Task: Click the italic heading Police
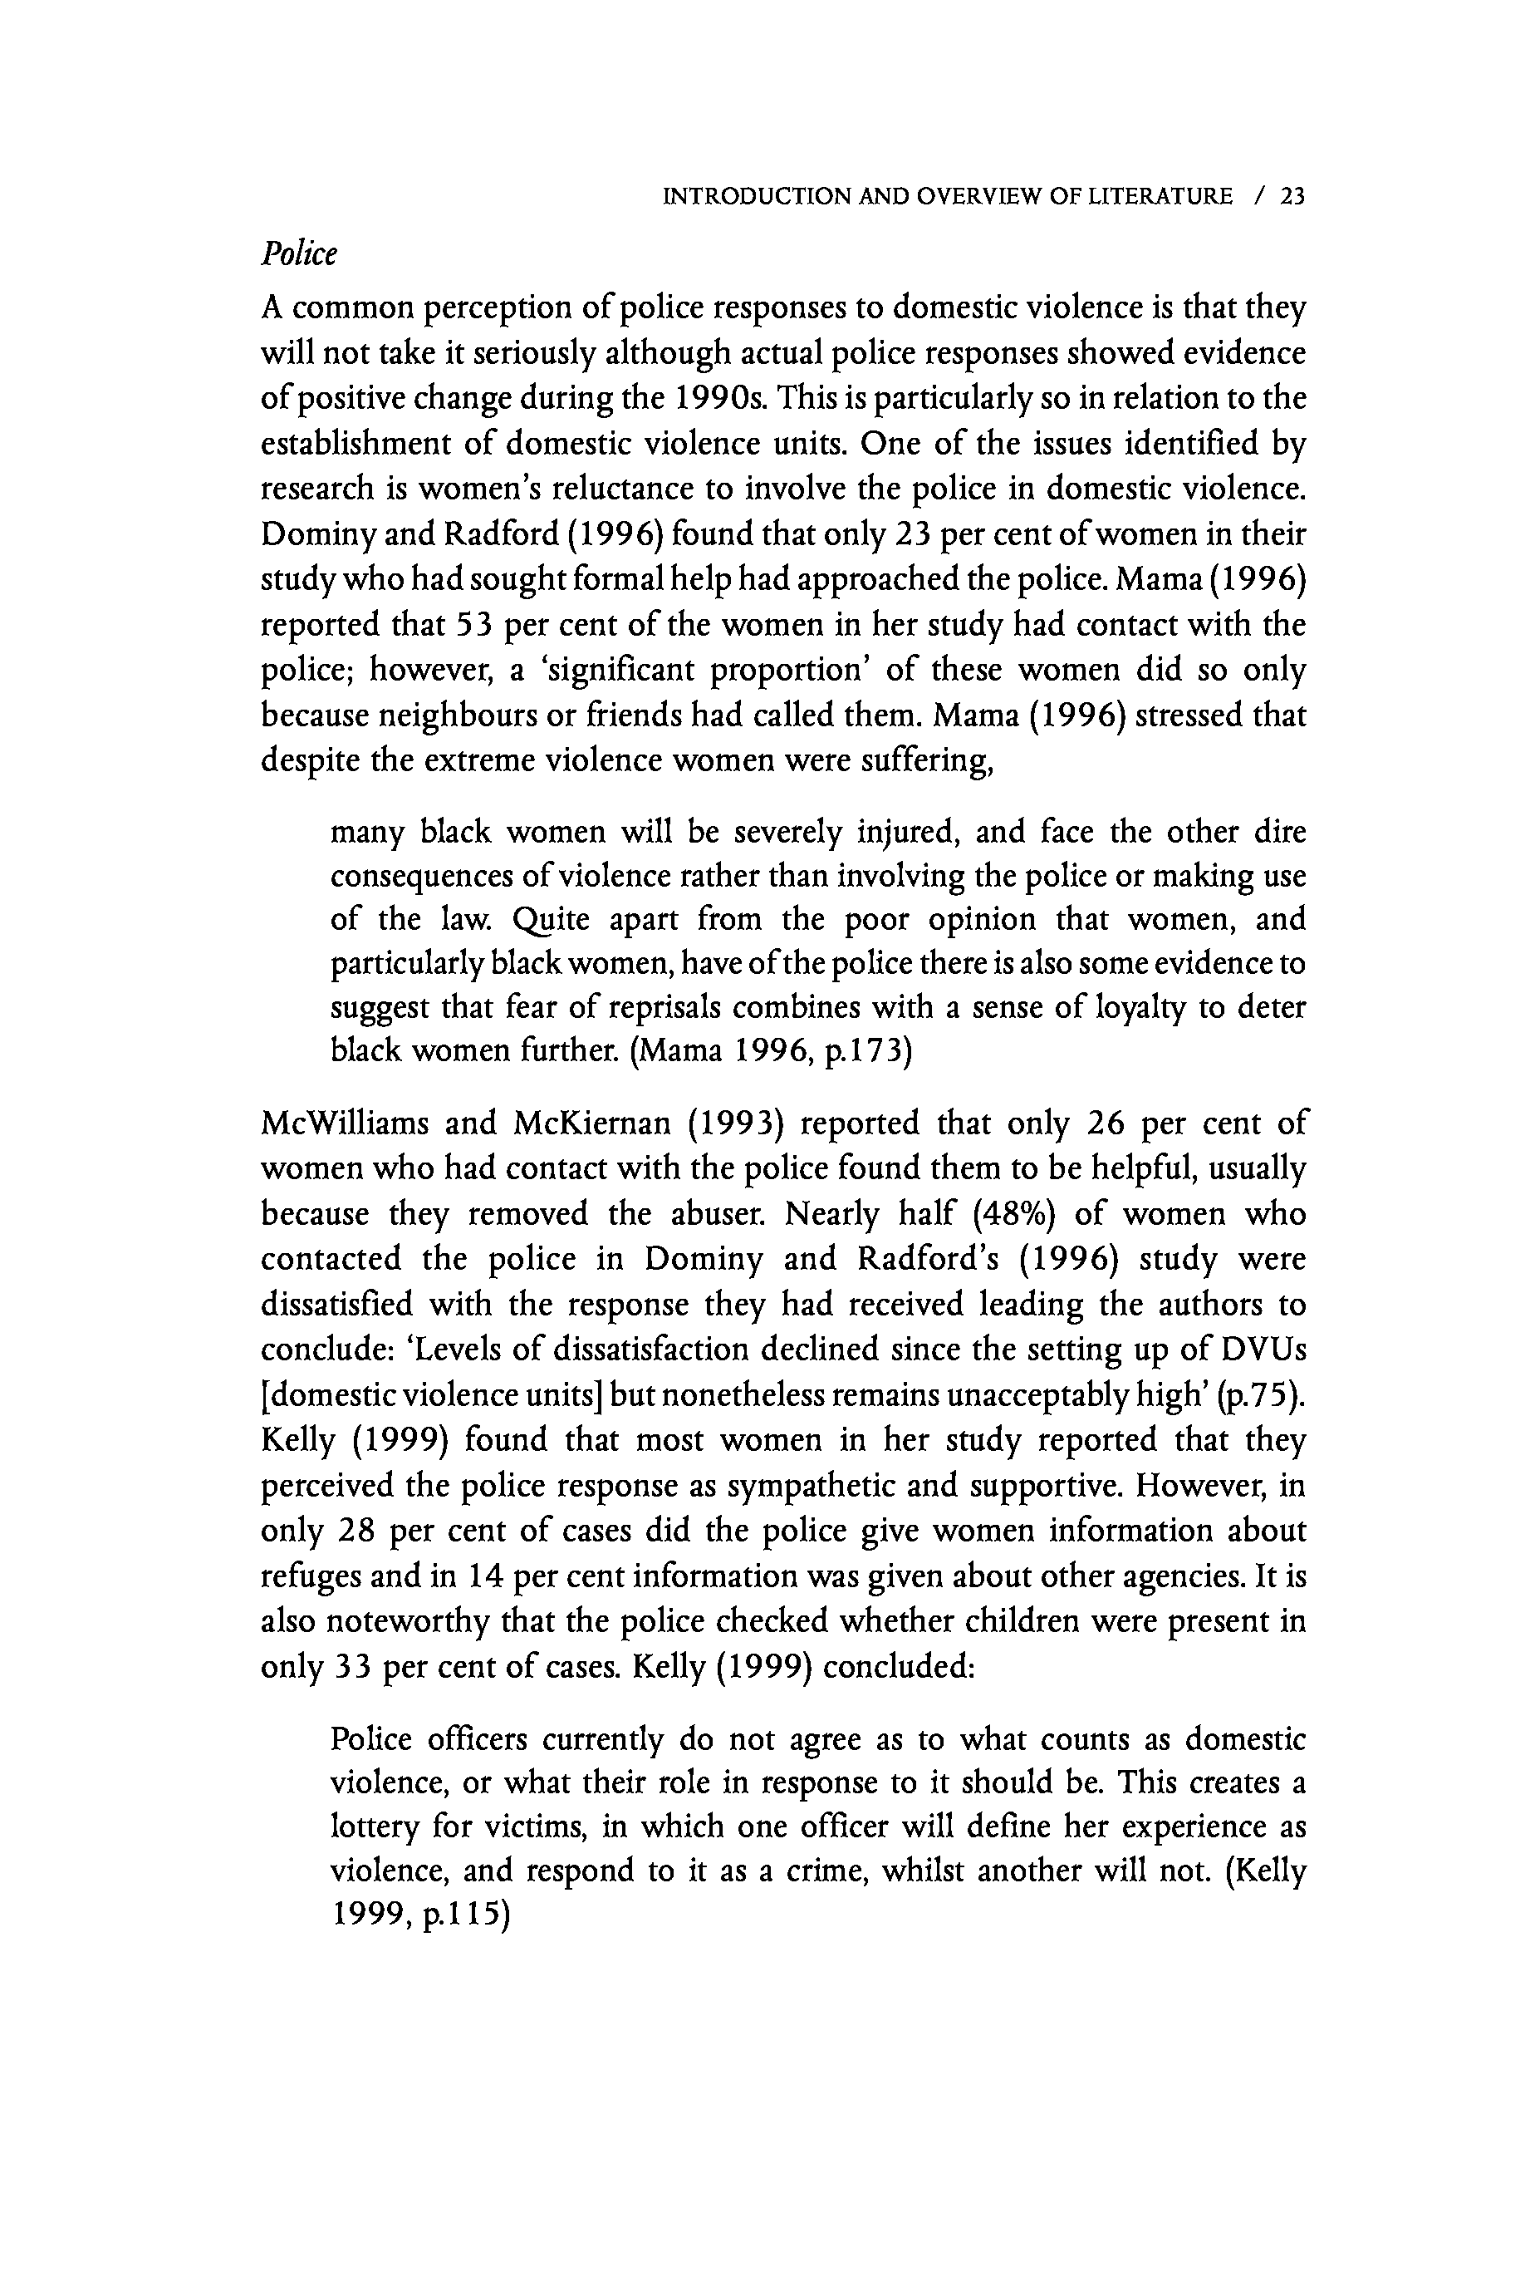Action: (x=298, y=253)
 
